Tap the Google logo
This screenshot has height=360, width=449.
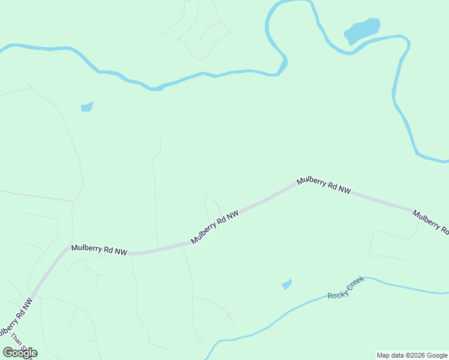click(x=20, y=353)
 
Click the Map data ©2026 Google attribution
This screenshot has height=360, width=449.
click(x=412, y=355)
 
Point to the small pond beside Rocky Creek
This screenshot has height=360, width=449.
click(x=287, y=284)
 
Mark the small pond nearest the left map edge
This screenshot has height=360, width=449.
click(x=87, y=107)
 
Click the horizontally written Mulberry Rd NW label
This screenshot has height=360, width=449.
click(x=99, y=249)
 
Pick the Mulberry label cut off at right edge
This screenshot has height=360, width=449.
click(x=431, y=222)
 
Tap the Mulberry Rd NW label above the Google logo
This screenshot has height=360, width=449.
click(x=16, y=321)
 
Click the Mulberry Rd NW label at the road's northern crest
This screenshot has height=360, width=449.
click(x=324, y=185)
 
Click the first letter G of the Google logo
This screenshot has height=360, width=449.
click(x=8, y=353)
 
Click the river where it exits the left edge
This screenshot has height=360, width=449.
click(x=2, y=48)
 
